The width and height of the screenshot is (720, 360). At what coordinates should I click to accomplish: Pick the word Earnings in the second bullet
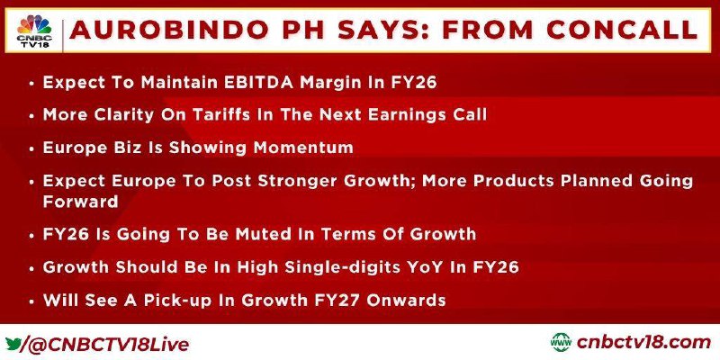tap(401, 115)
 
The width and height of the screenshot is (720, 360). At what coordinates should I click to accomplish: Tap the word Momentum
tap(303, 148)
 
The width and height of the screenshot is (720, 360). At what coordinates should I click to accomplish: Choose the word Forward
tap(81, 202)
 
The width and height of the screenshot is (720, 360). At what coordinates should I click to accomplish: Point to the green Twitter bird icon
tap(13, 343)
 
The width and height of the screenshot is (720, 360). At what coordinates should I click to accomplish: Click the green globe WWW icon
tap(561, 342)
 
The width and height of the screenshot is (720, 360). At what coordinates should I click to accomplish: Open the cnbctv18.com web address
tap(643, 342)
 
